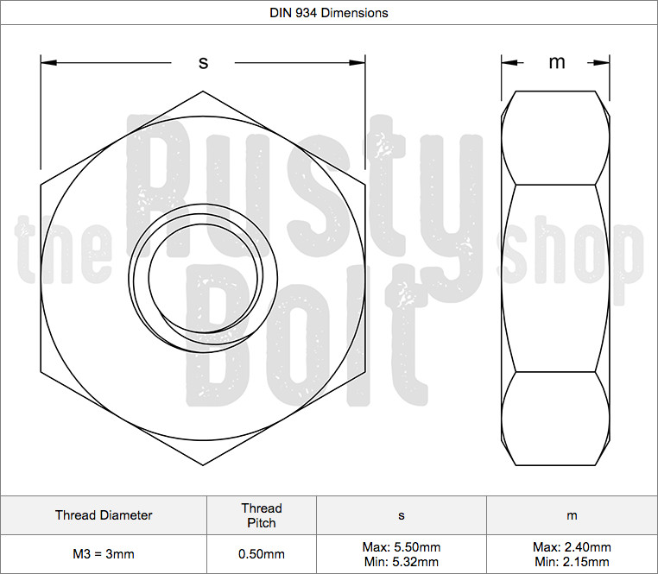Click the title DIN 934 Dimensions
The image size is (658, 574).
pos(329,13)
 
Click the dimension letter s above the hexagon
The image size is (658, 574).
pos(204,62)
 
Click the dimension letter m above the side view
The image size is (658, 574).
pos(557,62)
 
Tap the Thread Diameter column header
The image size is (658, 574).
pos(104,515)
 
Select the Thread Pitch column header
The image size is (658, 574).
pos(262,515)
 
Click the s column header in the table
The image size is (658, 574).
pos(401,515)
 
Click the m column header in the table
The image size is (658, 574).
pos(572,515)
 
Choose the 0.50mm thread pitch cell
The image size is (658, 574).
pos(262,554)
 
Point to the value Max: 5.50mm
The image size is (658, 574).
pos(401,547)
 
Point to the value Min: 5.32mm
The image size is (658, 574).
pos(401,562)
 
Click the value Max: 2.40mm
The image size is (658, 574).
pos(572,547)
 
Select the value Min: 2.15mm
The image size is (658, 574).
pos(572,562)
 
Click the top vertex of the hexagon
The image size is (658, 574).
pos(204,91)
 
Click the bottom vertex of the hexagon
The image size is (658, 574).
pos(204,466)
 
